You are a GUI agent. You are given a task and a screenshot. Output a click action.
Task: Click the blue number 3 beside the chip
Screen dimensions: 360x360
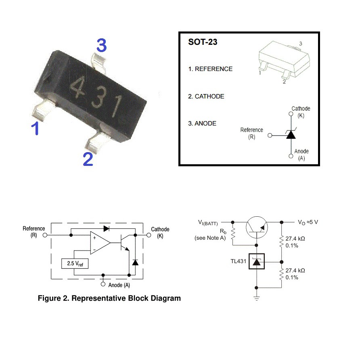pyautogui.click(x=101, y=45)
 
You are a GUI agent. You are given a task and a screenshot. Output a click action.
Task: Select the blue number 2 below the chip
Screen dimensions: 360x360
pyautogui.click(x=88, y=159)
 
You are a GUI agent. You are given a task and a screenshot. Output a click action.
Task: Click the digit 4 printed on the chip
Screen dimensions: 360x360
pyautogui.click(x=77, y=87)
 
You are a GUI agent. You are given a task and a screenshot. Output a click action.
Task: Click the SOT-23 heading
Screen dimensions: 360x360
pyautogui.click(x=203, y=42)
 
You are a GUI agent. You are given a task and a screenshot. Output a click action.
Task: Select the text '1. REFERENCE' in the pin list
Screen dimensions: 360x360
pyautogui.click(x=210, y=69)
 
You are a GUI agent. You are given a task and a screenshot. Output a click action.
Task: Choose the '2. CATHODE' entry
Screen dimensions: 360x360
pyautogui.click(x=206, y=96)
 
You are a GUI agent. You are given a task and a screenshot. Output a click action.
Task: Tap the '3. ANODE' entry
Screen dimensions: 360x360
pyautogui.click(x=202, y=123)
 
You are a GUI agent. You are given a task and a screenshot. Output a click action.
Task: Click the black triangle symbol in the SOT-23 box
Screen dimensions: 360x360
pyautogui.click(x=291, y=135)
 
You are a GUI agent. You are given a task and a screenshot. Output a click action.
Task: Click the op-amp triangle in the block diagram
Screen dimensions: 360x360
pyautogui.click(x=100, y=243)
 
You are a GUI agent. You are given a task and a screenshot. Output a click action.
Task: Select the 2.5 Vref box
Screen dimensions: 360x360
pyautogui.click(x=75, y=264)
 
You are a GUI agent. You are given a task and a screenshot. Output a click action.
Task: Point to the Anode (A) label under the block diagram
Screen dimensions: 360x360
pyautogui.click(x=119, y=285)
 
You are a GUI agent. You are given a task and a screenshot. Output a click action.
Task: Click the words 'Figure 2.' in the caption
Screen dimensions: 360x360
pyautogui.click(x=53, y=298)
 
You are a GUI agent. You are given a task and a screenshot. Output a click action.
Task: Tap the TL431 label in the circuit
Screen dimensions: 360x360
pyautogui.click(x=238, y=261)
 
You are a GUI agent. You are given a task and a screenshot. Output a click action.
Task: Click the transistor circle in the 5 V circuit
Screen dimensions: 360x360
pyautogui.click(x=257, y=227)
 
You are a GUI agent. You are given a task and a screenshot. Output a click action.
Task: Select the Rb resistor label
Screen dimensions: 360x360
pyautogui.click(x=223, y=231)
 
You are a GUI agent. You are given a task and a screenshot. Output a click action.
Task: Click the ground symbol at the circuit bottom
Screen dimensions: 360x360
pyautogui.click(x=257, y=298)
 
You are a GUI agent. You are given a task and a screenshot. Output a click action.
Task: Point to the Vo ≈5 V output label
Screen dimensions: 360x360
pyautogui.click(x=308, y=222)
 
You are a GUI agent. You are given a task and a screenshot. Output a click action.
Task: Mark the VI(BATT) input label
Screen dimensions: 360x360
pyautogui.click(x=208, y=222)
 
